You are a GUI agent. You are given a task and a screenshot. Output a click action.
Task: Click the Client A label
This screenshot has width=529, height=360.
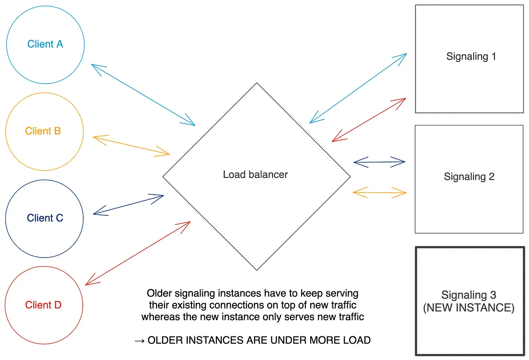[x=45, y=44]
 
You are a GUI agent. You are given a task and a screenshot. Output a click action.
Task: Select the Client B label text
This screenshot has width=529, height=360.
[x=43, y=131]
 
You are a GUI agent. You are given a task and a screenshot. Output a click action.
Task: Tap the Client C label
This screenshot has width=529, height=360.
[x=45, y=218]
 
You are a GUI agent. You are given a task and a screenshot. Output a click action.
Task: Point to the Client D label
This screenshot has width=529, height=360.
[x=43, y=305]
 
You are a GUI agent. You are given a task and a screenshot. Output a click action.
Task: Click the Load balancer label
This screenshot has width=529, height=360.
[x=255, y=174]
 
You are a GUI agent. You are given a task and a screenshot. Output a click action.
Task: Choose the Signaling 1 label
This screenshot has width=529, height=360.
[x=471, y=56]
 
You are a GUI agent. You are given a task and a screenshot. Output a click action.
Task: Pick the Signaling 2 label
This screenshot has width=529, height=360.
[x=469, y=176]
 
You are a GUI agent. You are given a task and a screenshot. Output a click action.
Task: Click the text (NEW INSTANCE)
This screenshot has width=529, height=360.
[x=468, y=308]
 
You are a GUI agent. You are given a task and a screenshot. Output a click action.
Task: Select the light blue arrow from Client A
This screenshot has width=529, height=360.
[x=143, y=95]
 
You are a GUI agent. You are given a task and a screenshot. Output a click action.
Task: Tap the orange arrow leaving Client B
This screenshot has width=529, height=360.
[x=131, y=146]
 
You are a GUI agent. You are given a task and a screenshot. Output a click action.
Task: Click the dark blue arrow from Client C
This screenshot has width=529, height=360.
[x=128, y=205]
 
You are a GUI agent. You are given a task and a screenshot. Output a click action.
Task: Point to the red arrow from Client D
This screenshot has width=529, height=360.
[x=138, y=253]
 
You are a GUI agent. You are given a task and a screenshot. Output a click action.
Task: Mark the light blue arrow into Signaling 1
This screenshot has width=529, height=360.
[x=358, y=88]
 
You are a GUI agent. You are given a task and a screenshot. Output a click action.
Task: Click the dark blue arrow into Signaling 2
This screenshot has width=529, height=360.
[x=379, y=162]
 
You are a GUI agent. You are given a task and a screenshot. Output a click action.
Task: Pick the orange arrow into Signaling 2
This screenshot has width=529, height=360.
[x=379, y=193]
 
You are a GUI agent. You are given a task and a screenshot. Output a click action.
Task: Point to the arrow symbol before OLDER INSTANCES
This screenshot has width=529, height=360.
[x=139, y=340]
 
